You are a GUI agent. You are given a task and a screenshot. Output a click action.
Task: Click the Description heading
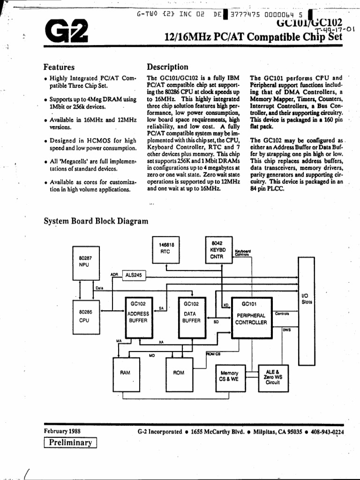(167, 67)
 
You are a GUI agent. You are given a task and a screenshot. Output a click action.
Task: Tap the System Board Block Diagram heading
(96, 221)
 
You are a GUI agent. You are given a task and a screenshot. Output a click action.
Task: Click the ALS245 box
(134, 275)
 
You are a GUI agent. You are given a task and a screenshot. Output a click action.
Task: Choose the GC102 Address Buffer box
(138, 313)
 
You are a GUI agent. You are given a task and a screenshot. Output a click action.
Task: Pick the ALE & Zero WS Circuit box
(272, 376)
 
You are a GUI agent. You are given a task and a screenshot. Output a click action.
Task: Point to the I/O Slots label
(307, 299)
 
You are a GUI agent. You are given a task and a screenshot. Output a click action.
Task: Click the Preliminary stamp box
(70, 442)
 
